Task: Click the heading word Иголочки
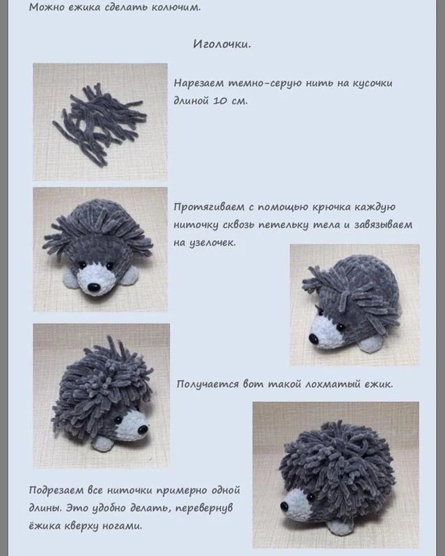[x=222, y=44]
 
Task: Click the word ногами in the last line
[x=122, y=526]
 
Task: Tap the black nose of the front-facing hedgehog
[x=94, y=288]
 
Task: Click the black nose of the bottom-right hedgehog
[x=284, y=506]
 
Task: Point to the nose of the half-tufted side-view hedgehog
[x=314, y=339]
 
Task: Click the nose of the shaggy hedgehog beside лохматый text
[x=143, y=430]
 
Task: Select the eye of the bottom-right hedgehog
[x=311, y=497]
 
